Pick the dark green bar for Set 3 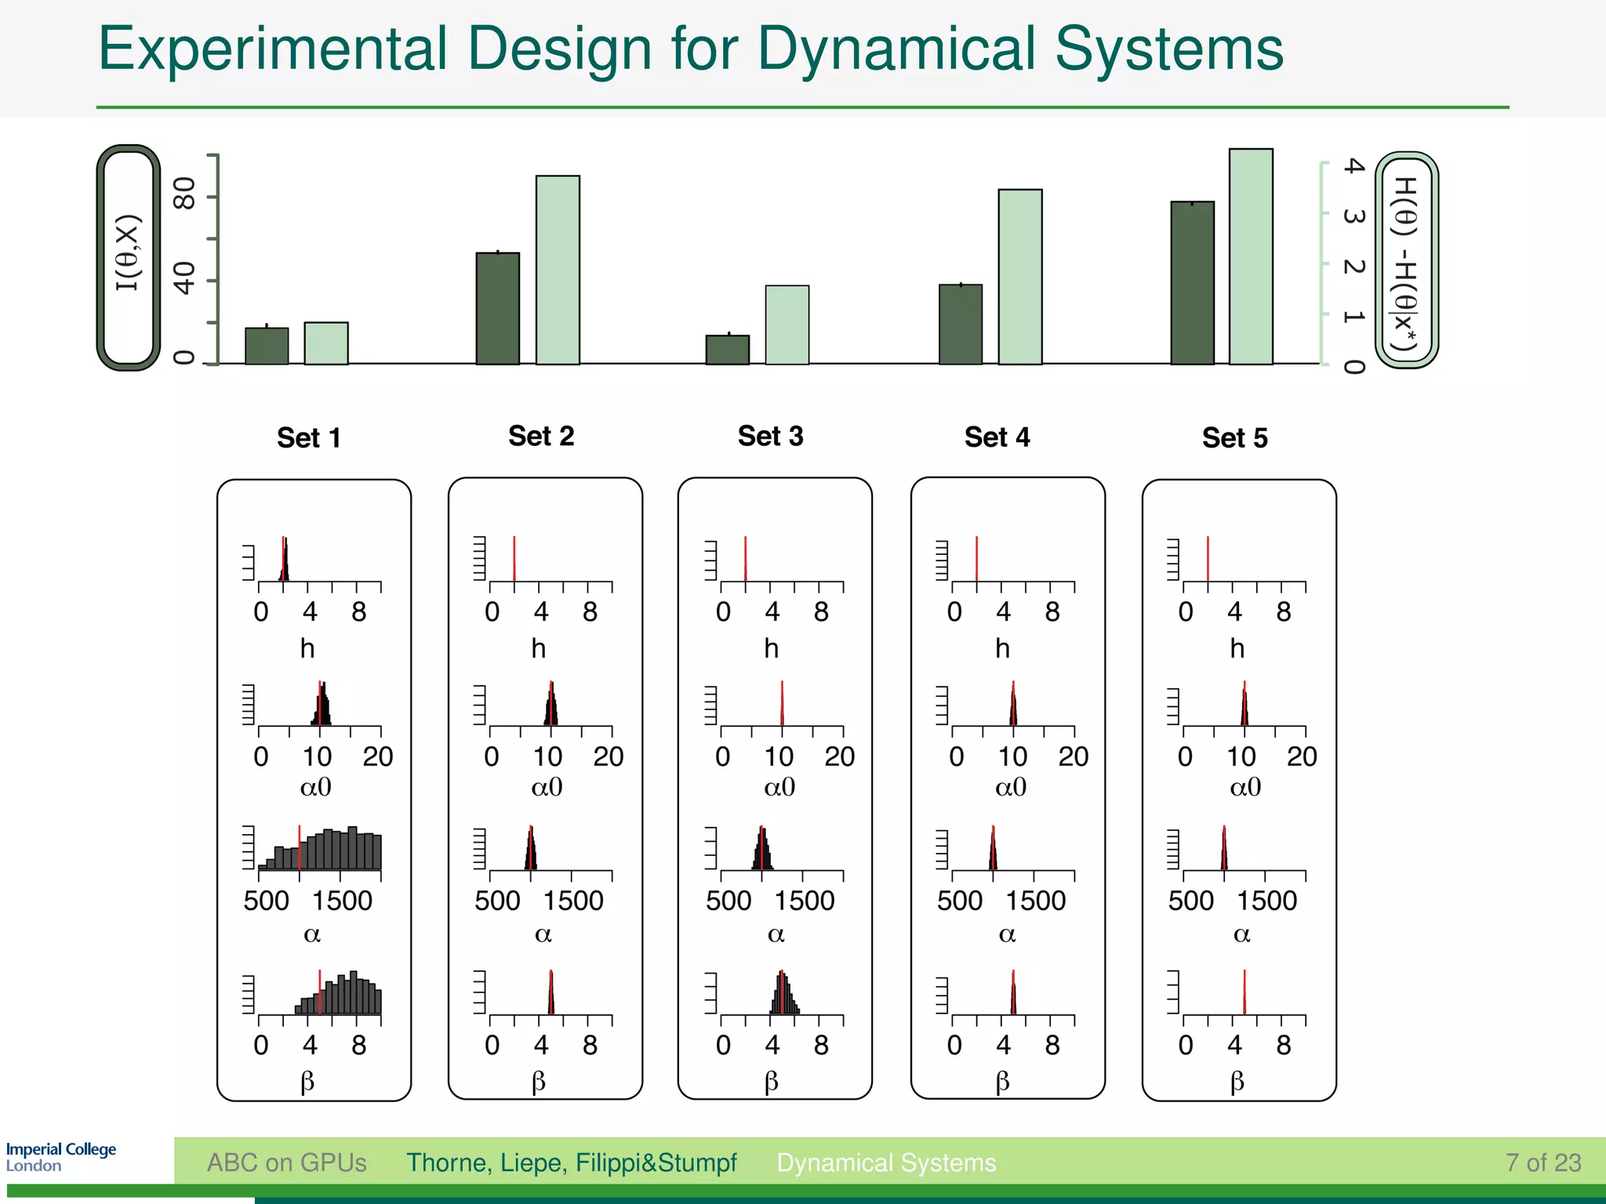point(727,350)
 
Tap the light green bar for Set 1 point(325,343)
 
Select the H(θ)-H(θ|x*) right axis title point(1406,260)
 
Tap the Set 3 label point(770,436)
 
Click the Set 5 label point(1234,437)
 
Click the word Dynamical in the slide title point(896,49)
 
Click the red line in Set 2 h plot point(514,558)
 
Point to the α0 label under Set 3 point(779,786)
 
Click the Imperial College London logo point(60,1157)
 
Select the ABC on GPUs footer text point(286,1162)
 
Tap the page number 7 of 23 point(1542,1162)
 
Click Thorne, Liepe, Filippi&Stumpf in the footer point(571,1162)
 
